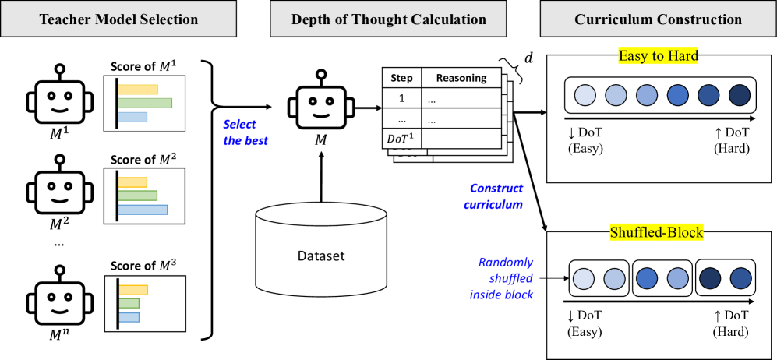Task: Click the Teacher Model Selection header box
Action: [x=118, y=19]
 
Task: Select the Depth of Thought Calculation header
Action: [x=389, y=19]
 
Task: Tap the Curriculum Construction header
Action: [x=658, y=19]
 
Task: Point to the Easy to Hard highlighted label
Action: [x=657, y=56]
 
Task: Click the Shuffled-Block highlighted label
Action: [x=657, y=232]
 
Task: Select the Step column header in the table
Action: [x=401, y=78]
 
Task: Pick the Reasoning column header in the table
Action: [x=461, y=78]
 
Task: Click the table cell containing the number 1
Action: [x=401, y=98]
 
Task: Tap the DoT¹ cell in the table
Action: [x=401, y=138]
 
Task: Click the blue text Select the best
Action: [x=245, y=132]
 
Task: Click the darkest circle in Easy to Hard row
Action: [x=738, y=96]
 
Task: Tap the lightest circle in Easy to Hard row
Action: [x=585, y=96]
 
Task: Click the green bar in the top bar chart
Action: [x=145, y=103]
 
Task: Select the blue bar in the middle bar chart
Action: [x=143, y=210]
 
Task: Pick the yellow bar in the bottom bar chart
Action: [x=132, y=290]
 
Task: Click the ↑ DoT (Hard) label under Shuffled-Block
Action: [x=731, y=323]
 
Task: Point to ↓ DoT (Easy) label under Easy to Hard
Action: [x=585, y=141]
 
